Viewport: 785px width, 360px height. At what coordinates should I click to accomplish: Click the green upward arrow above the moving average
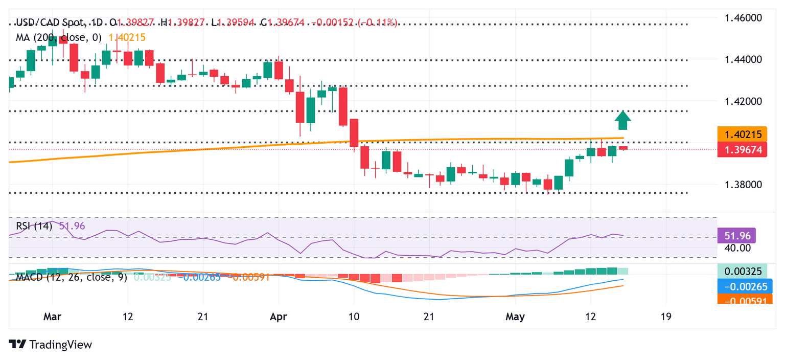click(622, 121)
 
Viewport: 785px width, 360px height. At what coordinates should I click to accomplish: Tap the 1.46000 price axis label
click(744, 18)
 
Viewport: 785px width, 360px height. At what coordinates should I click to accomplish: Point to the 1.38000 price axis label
click(744, 184)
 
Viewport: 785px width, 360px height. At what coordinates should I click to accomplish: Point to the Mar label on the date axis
click(53, 317)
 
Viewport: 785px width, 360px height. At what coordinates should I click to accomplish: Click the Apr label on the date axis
click(279, 317)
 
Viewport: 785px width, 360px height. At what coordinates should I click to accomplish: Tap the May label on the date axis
click(515, 317)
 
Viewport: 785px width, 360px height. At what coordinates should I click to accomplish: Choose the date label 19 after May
click(665, 317)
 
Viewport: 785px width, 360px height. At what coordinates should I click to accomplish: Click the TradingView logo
click(51, 345)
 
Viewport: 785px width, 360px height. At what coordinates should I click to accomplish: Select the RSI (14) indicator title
click(34, 226)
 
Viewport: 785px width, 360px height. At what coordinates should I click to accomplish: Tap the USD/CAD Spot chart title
click(51, 22)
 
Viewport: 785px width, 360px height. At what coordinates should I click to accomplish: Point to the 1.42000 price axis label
click(744, 101)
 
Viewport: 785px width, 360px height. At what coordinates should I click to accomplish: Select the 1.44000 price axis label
click(744, 59)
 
